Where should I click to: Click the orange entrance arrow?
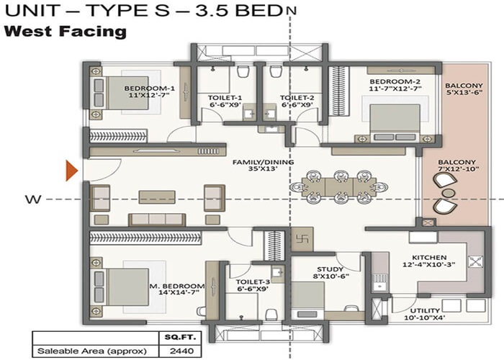(x=71, y=170)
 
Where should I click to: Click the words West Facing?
(x=66, y=32)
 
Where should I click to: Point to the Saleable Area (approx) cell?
(x=91, y=351)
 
